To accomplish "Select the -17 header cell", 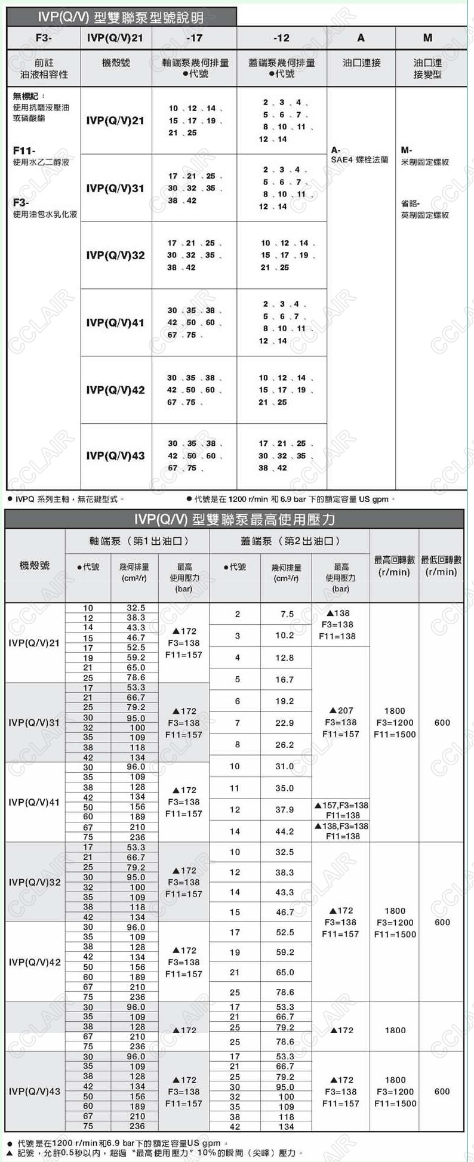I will (x=194, y=38).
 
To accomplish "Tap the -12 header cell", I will (x=281, y=38).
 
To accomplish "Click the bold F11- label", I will (x=24, y=151).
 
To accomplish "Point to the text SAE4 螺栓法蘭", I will (x=359, y=160).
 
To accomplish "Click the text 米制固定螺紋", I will (x=424, y=162).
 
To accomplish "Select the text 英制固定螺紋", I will (x=424, y=215).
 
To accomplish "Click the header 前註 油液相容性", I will (x=44, y=69).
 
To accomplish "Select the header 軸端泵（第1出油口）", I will (x=137, y=541).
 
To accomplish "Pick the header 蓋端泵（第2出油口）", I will (x=290, y=541).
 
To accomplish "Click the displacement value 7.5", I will (x=287, y=614).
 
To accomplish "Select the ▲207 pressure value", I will (x=341, y=711).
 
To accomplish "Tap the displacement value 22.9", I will (x=284, y=723).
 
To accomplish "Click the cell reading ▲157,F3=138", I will (x=341, y=806).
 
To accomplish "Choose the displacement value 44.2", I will (x=284, y=831).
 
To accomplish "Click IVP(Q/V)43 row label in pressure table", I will (x=35, y=1092).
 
